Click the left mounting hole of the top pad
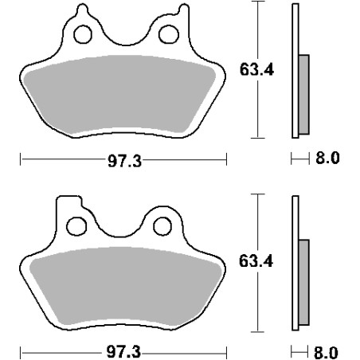(83, 34)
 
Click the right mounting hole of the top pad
(169, 34)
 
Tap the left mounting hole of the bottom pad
(76, 226)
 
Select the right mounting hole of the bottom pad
(162, 226)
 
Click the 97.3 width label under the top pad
(124, 161)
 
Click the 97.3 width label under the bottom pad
(123, 352)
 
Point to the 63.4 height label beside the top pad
(256, 70)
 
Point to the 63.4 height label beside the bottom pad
(256, 261)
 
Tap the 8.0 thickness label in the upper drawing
(327, 158)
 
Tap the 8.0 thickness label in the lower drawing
(326, 353)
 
